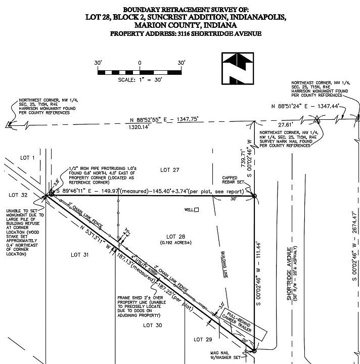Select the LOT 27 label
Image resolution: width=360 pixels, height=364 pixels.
[169, 170]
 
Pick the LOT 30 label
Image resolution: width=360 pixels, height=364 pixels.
[151, 325]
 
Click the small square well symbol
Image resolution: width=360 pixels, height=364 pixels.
[197, 210]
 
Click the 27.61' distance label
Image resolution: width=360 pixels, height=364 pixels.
[285, 124]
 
